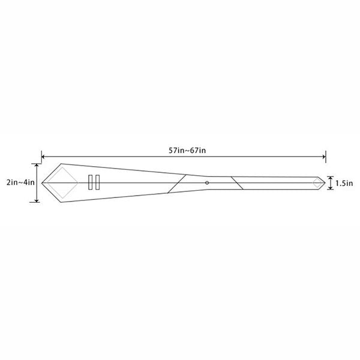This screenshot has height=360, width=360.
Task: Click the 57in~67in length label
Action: [x=187, y=151]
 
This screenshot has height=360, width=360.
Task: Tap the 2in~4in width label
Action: [x=20, y=182]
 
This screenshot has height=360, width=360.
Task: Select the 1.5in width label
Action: [x=344, y=183]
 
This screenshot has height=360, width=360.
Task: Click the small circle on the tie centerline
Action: [x=207, y=183]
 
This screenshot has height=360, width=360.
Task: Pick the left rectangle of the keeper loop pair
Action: [x=90, y=182]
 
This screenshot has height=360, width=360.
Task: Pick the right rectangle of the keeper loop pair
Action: [x=98, y=182]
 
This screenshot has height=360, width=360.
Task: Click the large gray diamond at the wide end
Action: [x=62, y=167]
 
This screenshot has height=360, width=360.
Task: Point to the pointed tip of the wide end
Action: [x=42, y=183]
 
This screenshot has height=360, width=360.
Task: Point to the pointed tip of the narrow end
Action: [x=325, y=183]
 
